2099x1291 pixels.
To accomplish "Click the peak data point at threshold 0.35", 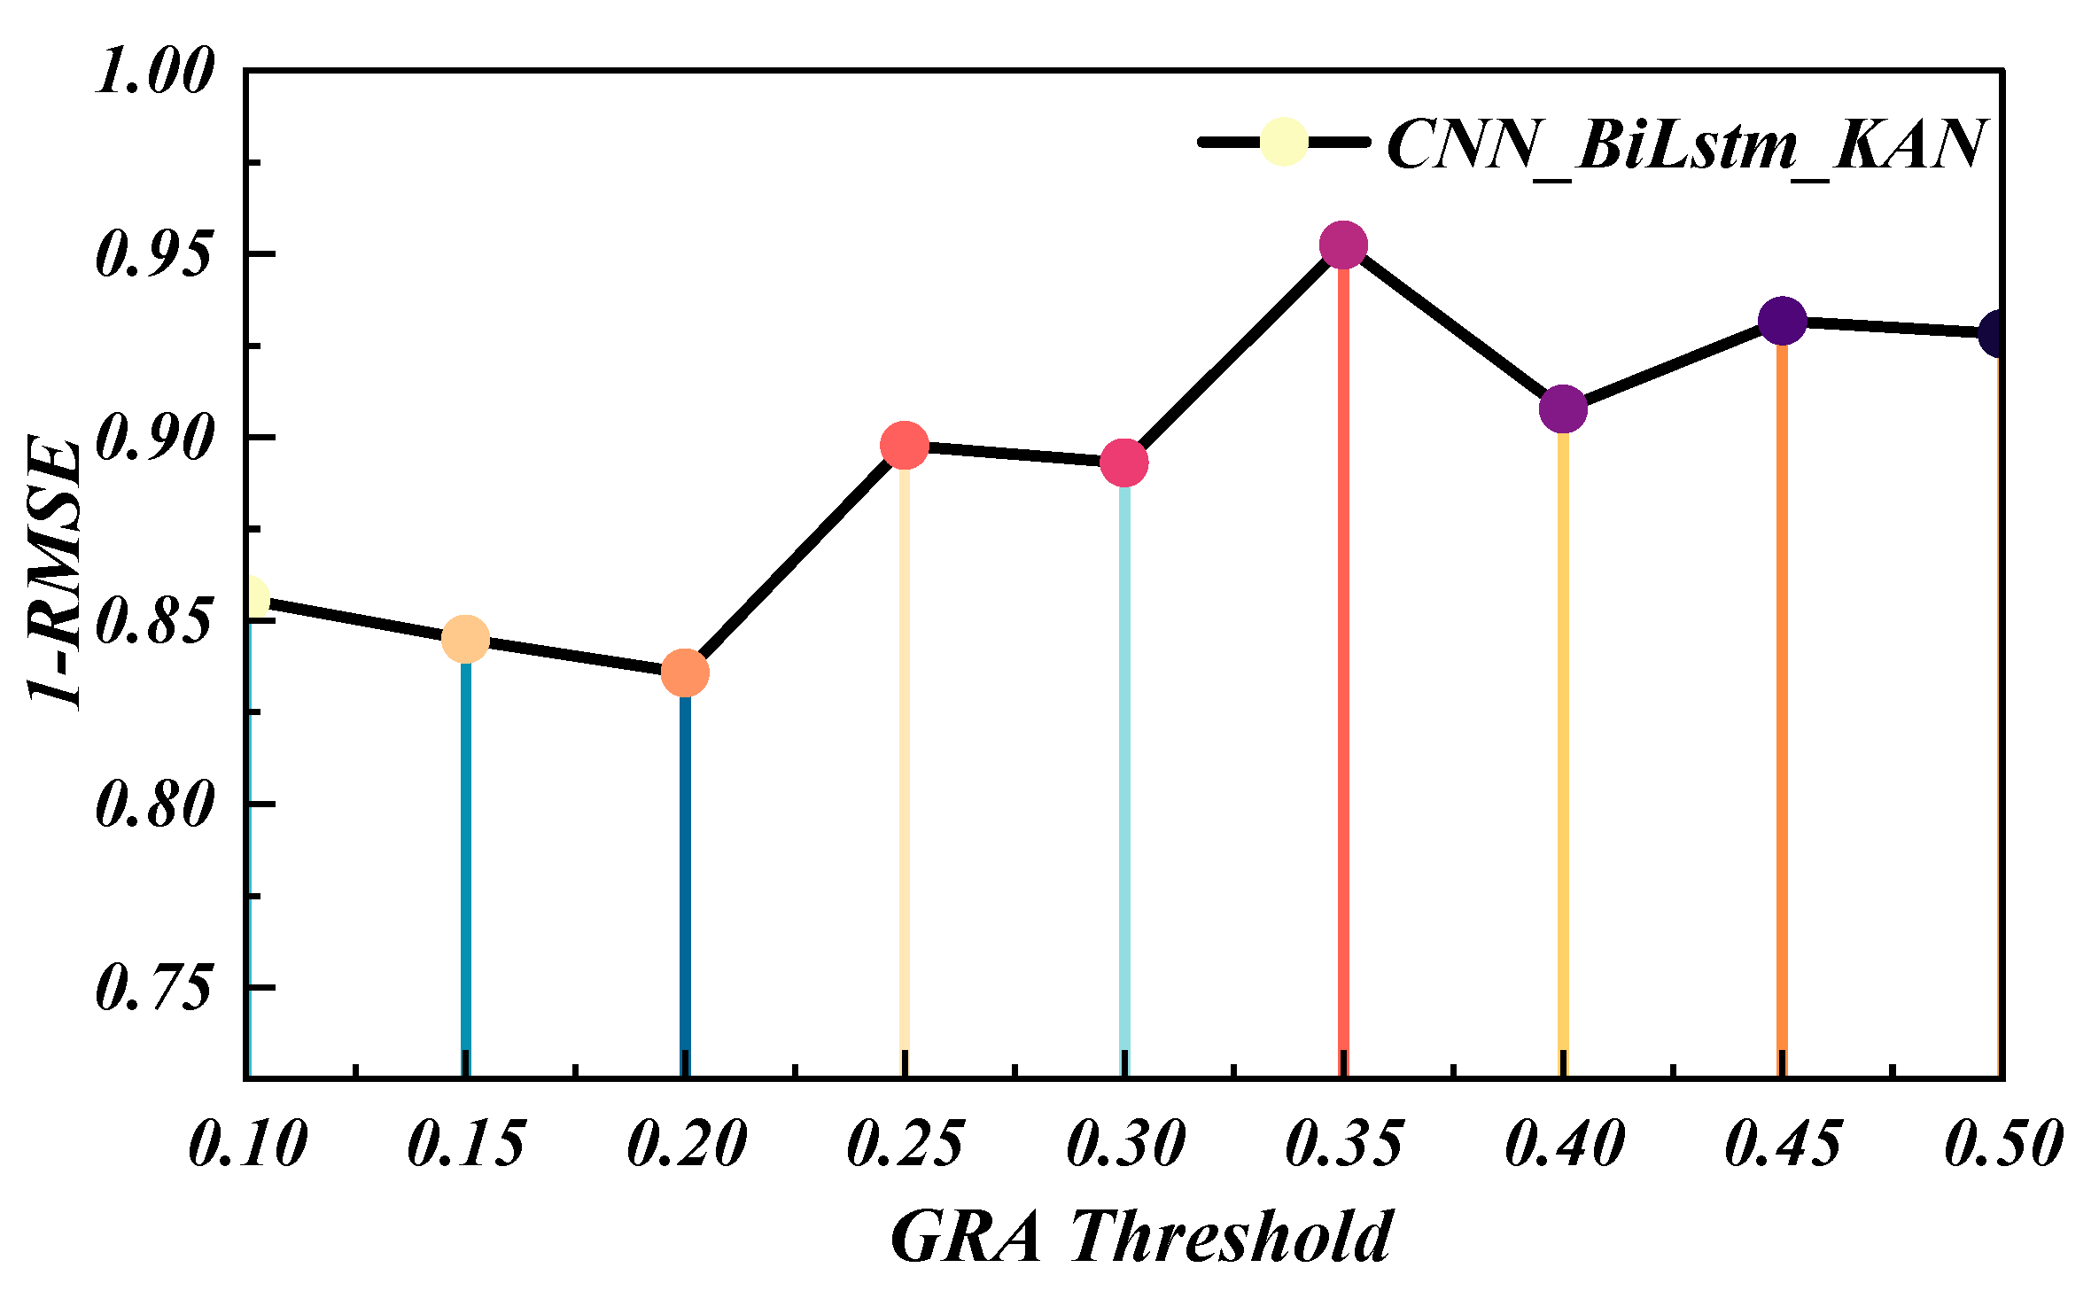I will (x=1343, y=245).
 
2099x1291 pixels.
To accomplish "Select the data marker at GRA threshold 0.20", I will (x=685, y=673).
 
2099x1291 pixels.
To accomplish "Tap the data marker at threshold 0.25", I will (x=905, y=445).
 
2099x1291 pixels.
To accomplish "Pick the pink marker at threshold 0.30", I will (x=1124, y=463).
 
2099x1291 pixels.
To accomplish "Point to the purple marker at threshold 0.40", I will (x=1563, y=408).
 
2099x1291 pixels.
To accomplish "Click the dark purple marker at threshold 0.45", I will (x=1782, y=321).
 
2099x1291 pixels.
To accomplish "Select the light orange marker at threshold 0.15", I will (x=465, y=639).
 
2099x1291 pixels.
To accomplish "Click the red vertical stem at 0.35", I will (x=1343, y=665).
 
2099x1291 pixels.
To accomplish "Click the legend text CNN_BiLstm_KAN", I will (x=1683, y=145).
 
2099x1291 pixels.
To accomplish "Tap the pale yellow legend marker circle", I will (x=1284, y=142).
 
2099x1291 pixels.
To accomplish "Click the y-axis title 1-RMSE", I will (x=55, y=572).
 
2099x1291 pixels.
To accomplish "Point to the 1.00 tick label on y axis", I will (x=154, y=71).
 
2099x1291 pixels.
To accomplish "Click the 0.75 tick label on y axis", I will (x=154, y=987).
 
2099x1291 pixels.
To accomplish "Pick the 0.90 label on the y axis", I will (x=154, y=438).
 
